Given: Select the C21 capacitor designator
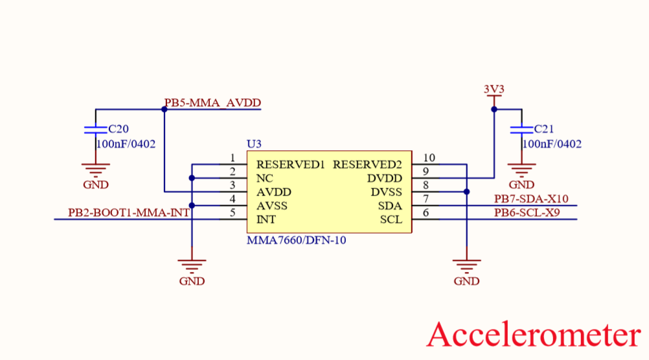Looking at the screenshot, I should pyautogui.click(x=544, y=129).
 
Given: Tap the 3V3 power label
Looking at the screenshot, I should pyautogui.click(x=494, y=89).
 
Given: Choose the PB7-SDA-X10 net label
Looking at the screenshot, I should pyautogui.click(x=531, y=199).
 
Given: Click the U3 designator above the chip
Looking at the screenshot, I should pyautogui.click(x=254, y=143).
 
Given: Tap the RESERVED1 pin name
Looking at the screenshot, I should pyautogui.click(x=290, y=164).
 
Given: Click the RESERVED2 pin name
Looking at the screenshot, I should pyautogui.click(x=367, y=164).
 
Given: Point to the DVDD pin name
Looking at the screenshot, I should pyautogui.click(x=385, y=178).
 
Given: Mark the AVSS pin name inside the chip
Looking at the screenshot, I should pyautogui.click(x=272, y=206).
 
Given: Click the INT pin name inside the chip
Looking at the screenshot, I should pyautogui.click(x=266, y=219).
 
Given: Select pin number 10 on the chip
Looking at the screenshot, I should pyautogui.click(x=428, y=158).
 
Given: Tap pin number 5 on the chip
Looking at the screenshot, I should pyautogui.click(x=232, y=212).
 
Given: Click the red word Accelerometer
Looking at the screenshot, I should pyautogui.click(x=534, y=335).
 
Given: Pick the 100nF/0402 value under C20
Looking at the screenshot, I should pyautogui.click(x=126, y=144).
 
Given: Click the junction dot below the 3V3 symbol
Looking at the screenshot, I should pyautogui.click(x=494, y=109).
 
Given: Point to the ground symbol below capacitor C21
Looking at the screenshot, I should pyautogui.click(x=521, y=170).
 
